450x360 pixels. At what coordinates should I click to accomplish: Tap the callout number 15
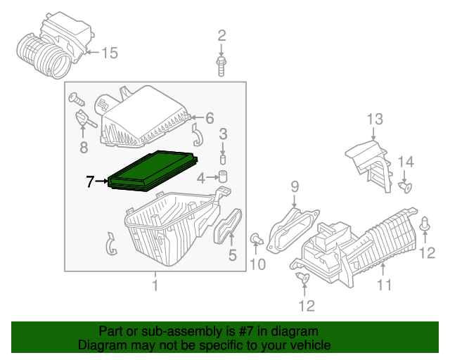111,53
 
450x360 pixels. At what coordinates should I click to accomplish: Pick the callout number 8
84,147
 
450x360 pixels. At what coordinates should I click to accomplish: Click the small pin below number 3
223,154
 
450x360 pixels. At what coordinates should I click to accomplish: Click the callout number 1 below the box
155,285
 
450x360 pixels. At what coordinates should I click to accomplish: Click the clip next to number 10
257,239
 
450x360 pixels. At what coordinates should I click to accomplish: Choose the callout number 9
295,186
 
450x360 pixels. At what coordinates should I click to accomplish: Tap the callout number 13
373,119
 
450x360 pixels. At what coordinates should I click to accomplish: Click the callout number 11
383,285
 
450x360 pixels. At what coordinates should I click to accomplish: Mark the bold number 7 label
89,182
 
